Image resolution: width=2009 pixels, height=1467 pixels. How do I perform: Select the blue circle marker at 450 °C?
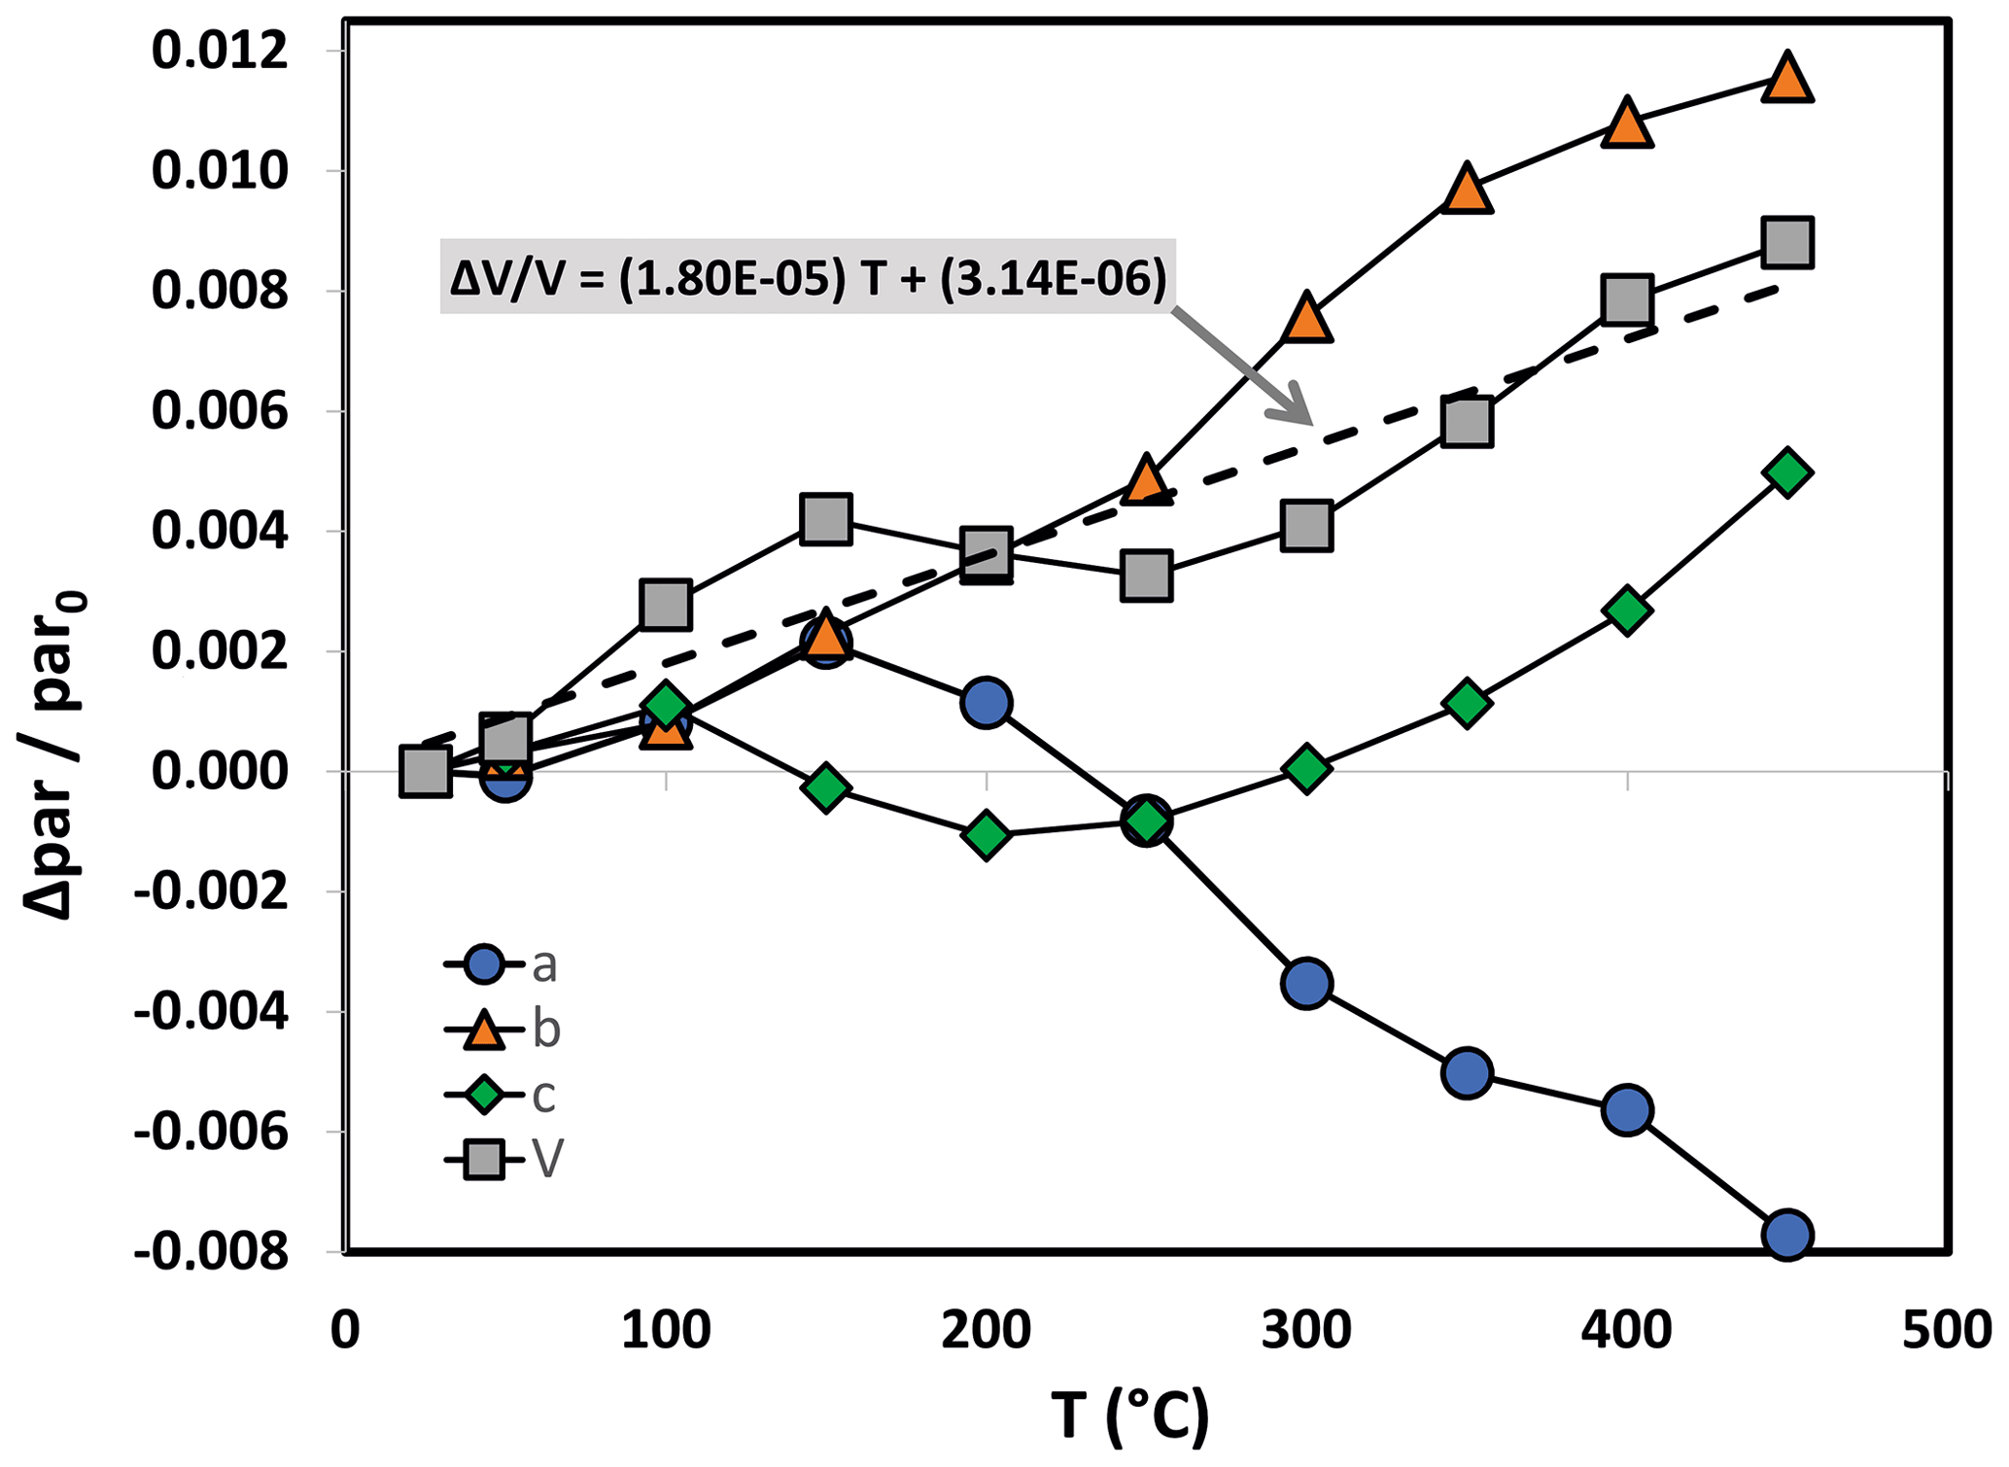pos(1787,1236)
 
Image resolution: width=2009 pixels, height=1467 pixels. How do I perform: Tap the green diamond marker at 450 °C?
pos(1787,472)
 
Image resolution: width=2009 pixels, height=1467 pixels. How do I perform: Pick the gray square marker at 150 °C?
pos(826,517)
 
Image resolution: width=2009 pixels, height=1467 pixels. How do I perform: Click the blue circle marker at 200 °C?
pos(987,702)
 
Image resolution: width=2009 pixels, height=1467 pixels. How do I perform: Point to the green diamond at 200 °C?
pos(987,835)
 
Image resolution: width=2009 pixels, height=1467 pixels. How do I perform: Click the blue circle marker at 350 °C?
pos(1467,1072)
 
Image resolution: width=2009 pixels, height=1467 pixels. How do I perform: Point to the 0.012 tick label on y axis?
pos(221,51)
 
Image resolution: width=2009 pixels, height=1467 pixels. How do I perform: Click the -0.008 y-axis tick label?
pos(212,1252)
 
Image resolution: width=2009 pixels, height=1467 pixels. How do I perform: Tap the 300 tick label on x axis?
pos(1306,1331)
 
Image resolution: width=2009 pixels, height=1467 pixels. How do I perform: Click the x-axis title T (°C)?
pos(1130,1415)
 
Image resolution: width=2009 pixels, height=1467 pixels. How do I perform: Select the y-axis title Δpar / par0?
pos(55,754)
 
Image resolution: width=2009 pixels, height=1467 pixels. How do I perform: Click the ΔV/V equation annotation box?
pos(808,278)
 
